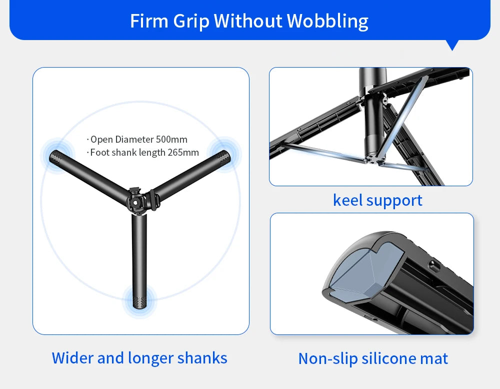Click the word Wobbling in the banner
(x=327, y=21)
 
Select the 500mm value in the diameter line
(x=171, y=139)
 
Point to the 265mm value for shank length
(x=183, y=152)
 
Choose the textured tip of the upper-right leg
(x=222, y=150)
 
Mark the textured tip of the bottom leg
(x=139, y=300)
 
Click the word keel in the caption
(x=347, y=200)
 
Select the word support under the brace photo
(x=394, y=201)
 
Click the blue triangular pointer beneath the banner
(x=452, y=45)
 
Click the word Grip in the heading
(x=192, y=21)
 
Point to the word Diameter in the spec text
(x=134, y=139)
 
